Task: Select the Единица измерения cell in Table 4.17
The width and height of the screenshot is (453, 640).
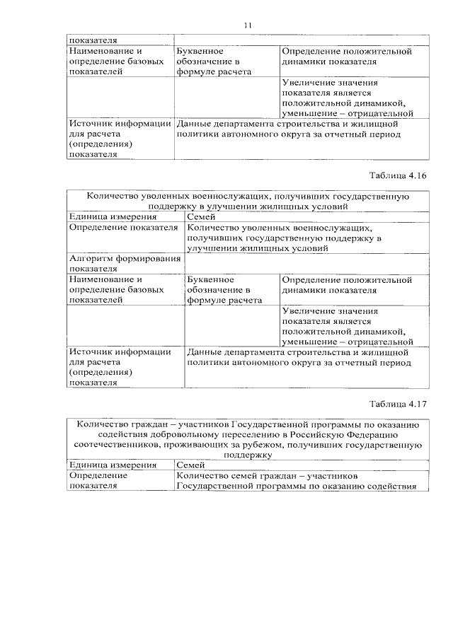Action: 103,465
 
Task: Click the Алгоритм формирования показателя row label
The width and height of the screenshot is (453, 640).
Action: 123,264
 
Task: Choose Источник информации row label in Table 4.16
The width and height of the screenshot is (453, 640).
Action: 120,367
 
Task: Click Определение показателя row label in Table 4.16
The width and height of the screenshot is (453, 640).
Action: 123,228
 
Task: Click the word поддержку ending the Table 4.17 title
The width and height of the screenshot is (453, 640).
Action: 247,456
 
